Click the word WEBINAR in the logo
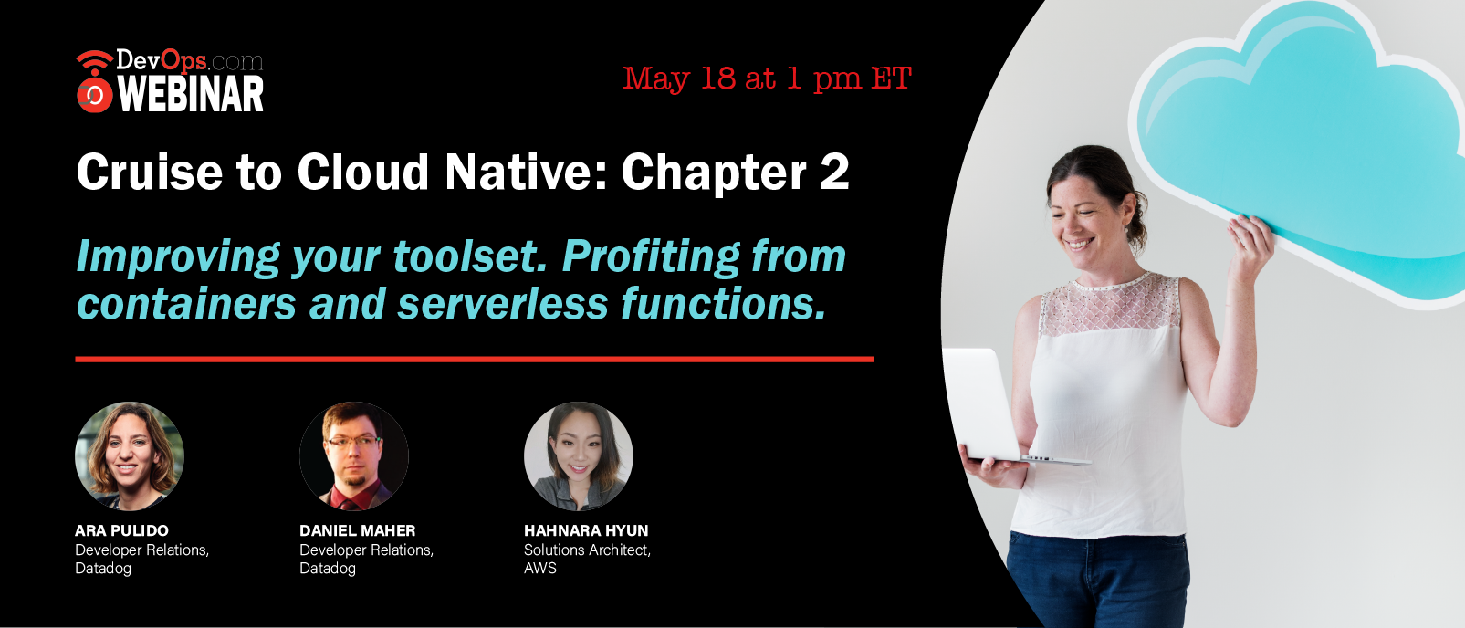pyautogui.click(x=191, y=94)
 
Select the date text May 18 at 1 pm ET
pyautogui.click(x=767, y=79)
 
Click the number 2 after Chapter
pyautogui.click(x=834, y=172)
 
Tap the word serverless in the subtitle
pyautogui.click(x=503, y=304)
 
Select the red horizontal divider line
pyautogui.click(x=475, y=359)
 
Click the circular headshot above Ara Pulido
pyautogui.click(x=130, y=456)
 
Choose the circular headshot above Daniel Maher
pyautogui.click(x=354, y=456)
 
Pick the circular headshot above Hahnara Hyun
pyautogui.click(x=578, y=456)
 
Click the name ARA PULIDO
pyautogui.click(x=121, y=530)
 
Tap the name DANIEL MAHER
pyautogui.click(x=357, y=530)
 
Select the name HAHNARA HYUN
pyautogui.click(x=586, y=530)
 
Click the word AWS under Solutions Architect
pyautogui.click(x=540, y=568)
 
